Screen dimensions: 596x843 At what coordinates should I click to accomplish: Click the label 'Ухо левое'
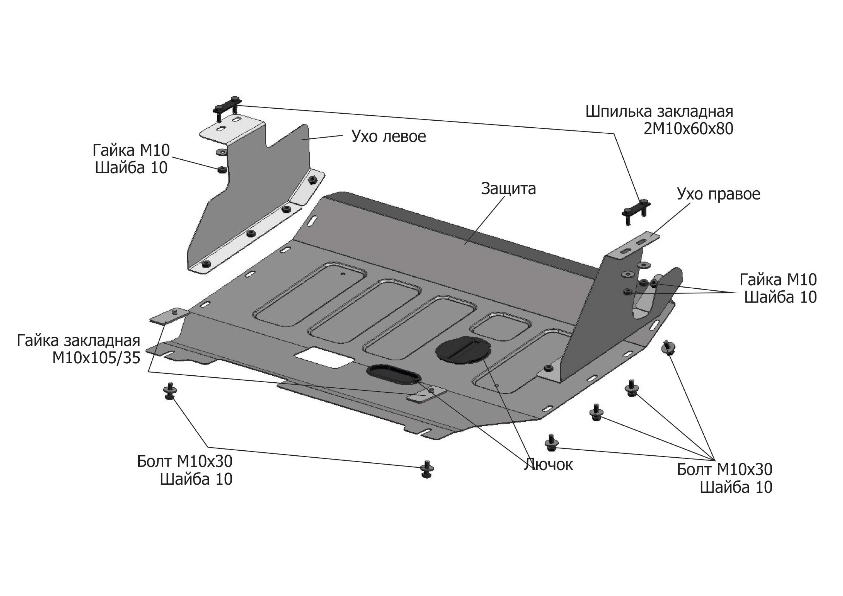(x=388, y=137)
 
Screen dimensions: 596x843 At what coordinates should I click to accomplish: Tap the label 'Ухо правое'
(x=718, y=194)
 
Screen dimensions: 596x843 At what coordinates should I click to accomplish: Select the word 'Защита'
(x=508, y=189)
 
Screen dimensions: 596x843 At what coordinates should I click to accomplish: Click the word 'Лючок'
(x=548, y=465)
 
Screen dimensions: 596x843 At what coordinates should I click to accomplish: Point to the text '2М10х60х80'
(x=688, y=129)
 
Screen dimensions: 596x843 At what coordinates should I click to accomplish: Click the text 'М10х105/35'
(x=96, y=358)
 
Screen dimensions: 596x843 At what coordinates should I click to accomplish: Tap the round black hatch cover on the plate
(x=463, y=350)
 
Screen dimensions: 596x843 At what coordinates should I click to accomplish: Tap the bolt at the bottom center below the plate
(x=426, y=469)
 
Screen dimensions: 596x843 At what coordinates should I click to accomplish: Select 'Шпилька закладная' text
(x=659, y=112)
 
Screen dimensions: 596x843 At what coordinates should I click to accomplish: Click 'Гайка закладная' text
(x=79, y=341)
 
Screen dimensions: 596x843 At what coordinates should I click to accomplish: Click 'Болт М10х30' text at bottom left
(x=185, y=462)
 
